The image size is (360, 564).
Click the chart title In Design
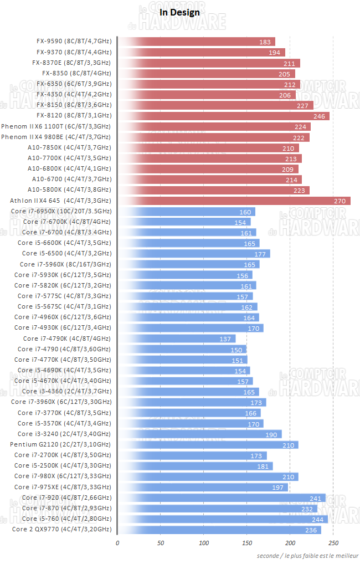click(x=179, y=12)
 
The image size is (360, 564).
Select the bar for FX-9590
click(x=197, y=42)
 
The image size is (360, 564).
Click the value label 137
click(x=225, y=339)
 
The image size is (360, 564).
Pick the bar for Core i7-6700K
click(x=184, y=222)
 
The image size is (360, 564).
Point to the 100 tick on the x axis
click(x=204, y=542)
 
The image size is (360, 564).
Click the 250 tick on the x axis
click(x=333, y=542)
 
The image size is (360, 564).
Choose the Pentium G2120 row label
click(x=60, y=444)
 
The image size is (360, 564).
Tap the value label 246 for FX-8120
click(x=319, y=116)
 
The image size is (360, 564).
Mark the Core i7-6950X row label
click(x=61, y=211)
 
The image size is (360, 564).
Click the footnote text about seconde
click(x=307, y=555)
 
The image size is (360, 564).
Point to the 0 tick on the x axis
click(x=117, y=542)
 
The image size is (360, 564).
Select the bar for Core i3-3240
click(x=199, y=434)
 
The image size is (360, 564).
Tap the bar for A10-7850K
click(x=208, y=147)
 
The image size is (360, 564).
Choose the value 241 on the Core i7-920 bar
click(x=315, y=498)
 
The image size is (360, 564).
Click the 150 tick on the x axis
click(x=247, y=542)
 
